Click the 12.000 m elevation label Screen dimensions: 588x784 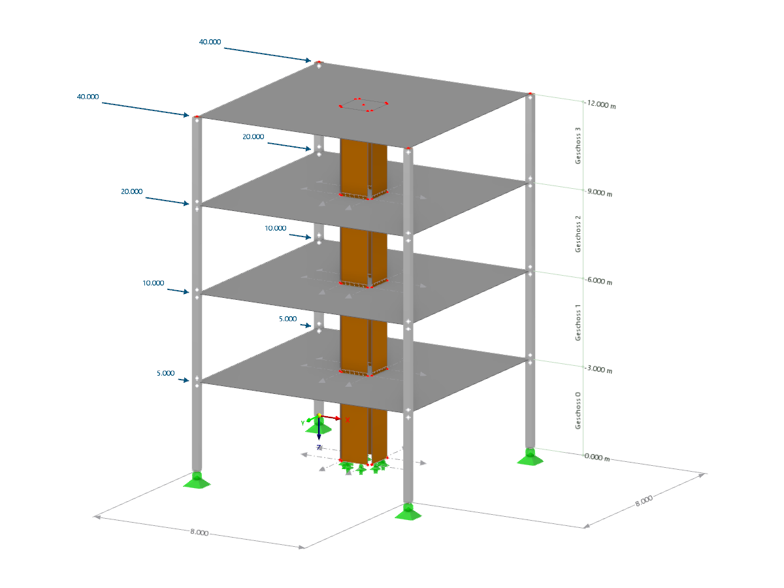coord(602,105)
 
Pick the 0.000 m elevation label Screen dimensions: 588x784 coord(598,459)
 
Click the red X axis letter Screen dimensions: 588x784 coord(347,420)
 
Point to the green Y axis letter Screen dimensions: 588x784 coord(302,423)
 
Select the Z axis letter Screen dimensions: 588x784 coord(319,448)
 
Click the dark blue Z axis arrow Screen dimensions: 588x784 coord(319,431)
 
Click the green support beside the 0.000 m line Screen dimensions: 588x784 coord(529,457)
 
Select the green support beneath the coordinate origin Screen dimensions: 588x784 coord(318,427)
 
